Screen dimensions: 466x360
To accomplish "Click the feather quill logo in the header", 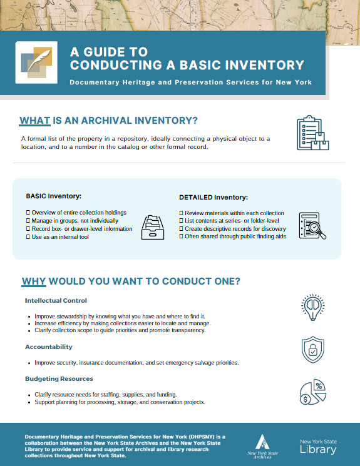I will pyautogui.click(x=36, y=63).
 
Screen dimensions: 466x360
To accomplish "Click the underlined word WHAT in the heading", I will pyautogui.click(x=35, y=121).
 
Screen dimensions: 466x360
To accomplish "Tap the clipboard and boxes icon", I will pyautogui.click(x=312, y=133).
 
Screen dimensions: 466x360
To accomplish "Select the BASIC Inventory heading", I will pyautogui.click(x=54, y=196).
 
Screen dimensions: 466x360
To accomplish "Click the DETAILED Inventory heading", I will pyautogui.click(x=213, y=198).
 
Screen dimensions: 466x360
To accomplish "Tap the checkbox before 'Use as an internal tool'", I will pyautogui.click(x=28, y=236).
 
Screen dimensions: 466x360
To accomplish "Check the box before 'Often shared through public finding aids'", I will pyautogui.click(x=181, y=236).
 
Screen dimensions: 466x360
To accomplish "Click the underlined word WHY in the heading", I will pyautogui.click(x=34, y=281).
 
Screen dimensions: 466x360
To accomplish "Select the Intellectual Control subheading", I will pyautogui.click(x=56, y=301).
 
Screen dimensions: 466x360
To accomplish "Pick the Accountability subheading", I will pyautogui.click(x=49, y=347).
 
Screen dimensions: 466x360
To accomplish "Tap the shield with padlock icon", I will pyautogui.click(x=312, y=348).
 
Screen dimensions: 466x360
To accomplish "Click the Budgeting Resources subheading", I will pyautogui.click(x=59, y=378).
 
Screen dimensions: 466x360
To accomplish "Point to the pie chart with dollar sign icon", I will pyautogui.click(x=311, y=392).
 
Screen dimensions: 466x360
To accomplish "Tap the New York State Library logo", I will pyautogui.click(x=317, y=446).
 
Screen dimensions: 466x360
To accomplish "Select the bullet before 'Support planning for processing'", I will pyautogui.click(x=29, y=402).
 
